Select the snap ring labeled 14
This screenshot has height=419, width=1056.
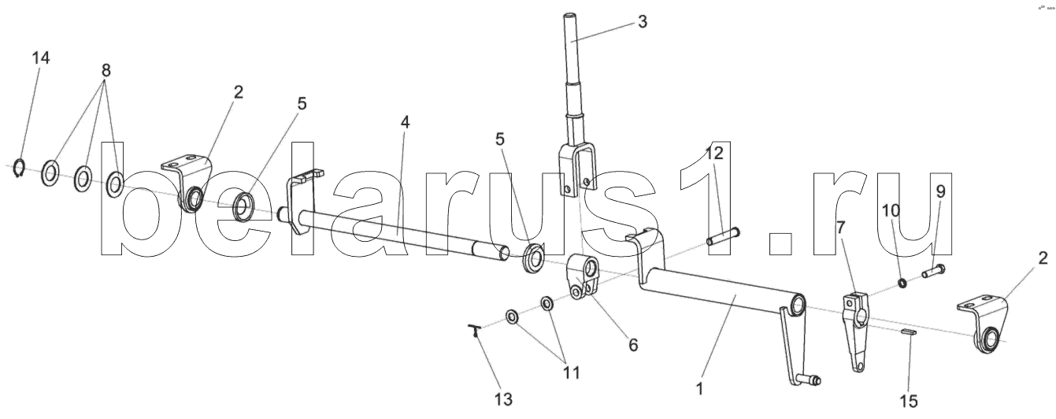coord(21,168)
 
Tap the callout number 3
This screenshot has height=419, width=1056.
coord(643,21)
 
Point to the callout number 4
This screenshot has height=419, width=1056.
coord(405,123)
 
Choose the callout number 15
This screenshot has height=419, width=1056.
coord(909,401)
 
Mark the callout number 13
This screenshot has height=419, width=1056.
coord(502,399)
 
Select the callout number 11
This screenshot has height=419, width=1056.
coord(566,372)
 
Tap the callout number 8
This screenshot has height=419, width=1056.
coord(106,69)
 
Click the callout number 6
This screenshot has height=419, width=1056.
coord(633,345)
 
